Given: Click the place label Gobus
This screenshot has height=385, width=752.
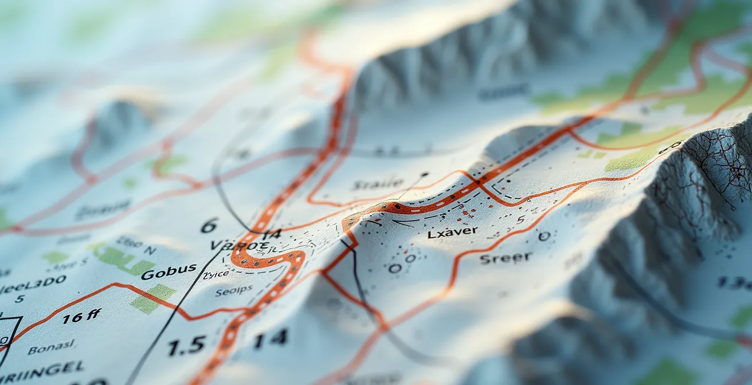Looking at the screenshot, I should point(169,272).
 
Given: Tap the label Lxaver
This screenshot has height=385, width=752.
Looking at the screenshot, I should point(452,233).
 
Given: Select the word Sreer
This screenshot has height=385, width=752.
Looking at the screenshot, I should point(506,258).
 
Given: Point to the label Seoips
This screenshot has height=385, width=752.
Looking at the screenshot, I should point(233,291).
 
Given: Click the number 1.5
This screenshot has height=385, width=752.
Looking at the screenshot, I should point(186,345).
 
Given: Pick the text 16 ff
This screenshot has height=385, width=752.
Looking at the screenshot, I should point(81,316).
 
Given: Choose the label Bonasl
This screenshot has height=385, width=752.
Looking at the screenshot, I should point(51,348).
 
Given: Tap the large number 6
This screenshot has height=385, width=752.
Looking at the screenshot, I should point(209,226).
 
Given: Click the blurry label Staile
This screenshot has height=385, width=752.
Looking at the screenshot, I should point(378,184).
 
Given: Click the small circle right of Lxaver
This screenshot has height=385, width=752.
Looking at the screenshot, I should point(544,235).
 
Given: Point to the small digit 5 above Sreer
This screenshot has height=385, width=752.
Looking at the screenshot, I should point(520,219).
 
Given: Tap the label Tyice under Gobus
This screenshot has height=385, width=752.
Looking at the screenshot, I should point(216,275).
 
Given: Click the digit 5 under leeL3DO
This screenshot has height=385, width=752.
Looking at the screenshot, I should point(19,298).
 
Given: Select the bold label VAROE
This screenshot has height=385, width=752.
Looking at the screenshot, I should point(239,245).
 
